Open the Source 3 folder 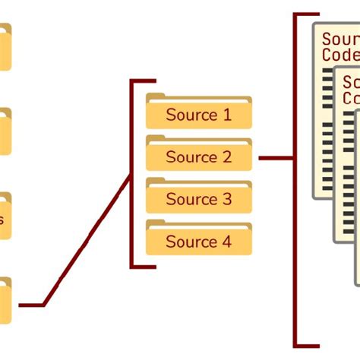pyautogui.click(x=198, y=198)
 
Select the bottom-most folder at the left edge pyautogui.click(x=5, y=302)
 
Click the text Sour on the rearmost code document pyautogui.click(x=339, y=39)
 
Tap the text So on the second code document pyautogui.click(x=352, y=82)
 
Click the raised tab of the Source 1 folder pyautogui.click(x=156, y=97)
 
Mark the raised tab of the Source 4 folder pyautogui.click(x=156, y=223)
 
